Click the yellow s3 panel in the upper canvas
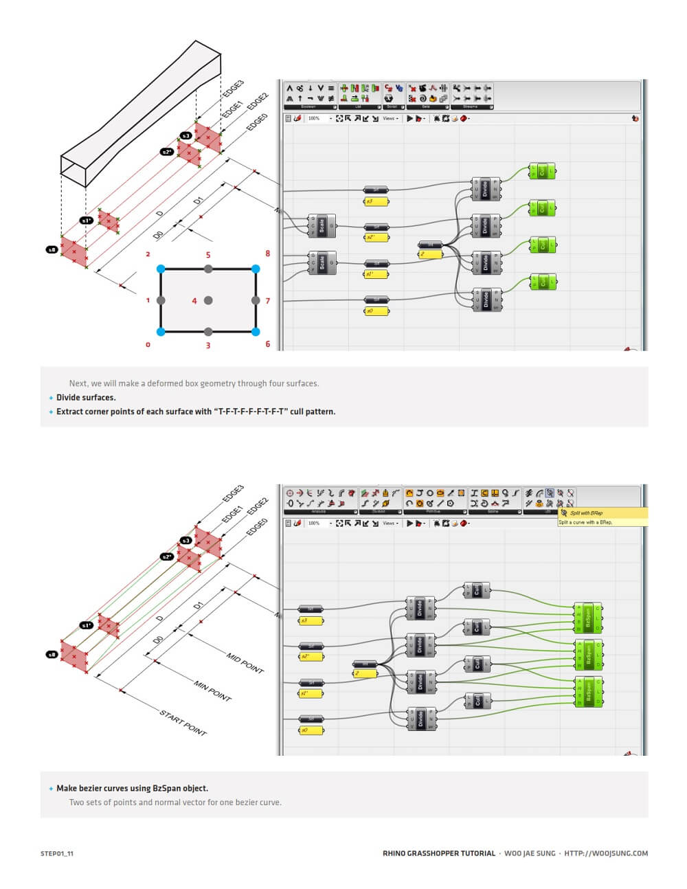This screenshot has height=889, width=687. click(376, 201)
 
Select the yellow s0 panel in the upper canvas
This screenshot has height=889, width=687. click(376, 311)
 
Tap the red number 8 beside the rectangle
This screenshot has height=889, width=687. click(268, 254)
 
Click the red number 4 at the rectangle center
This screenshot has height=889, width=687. click(194, 301)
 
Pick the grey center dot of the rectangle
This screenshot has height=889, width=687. click(208, 300)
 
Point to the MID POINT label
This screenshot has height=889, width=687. click(245, 663)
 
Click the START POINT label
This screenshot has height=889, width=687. click(183, 723)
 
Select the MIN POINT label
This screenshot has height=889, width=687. click(212, 691)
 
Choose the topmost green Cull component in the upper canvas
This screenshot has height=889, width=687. click(542, 170)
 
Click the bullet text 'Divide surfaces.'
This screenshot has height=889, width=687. click(86, 397)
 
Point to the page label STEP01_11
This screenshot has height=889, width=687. click(57, 853)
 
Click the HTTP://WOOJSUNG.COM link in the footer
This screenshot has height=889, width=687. click(606, 853)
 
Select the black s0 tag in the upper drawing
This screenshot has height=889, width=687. click(52, 249)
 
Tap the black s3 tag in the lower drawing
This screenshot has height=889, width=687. click(185, 541)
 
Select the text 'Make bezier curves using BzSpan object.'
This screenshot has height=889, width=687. click(132, 788)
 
